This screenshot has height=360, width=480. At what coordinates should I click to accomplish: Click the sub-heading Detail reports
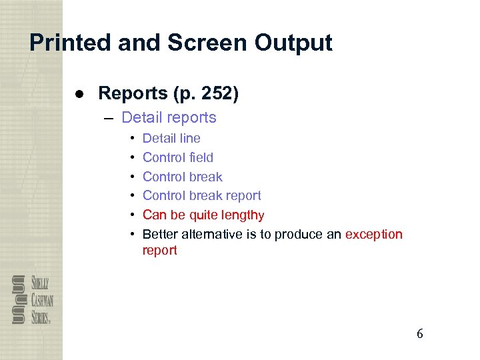[169, 118]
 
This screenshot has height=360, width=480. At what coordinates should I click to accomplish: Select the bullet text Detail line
[171, 139]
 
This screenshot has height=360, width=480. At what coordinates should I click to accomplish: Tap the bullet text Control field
[178, 158]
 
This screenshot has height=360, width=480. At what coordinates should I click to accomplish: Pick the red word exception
[374, 234]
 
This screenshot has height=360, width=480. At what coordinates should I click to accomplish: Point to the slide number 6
[419, 334]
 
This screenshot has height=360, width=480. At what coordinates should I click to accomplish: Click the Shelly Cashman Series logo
[31, 299]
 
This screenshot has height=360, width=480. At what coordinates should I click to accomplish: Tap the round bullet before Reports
[79, 94]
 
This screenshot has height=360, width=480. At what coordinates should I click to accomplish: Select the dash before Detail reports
[109, 118]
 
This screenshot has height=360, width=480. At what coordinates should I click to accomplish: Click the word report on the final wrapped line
[160, 251]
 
